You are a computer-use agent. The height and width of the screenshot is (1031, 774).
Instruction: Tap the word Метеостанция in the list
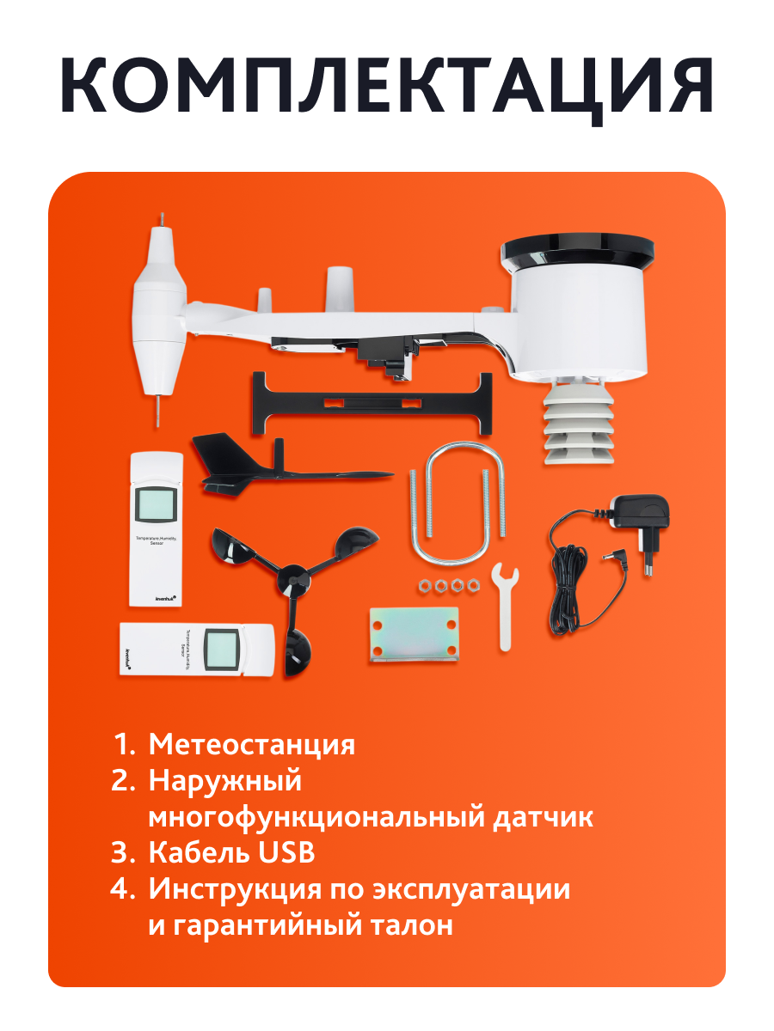tap(251, 744)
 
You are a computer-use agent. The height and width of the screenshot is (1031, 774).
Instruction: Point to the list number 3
tap(123, 853)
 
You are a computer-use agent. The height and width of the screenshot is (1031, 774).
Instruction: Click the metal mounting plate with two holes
tap(414, 633)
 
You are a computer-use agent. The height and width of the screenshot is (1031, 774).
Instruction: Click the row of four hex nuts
tap(447, 586)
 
